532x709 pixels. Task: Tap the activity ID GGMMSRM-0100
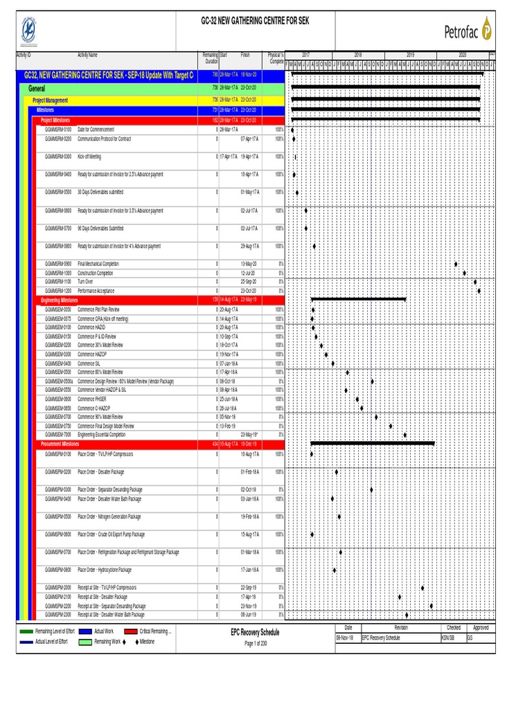click(x=57, y=129)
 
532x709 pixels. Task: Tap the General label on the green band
click(x=37, y=89)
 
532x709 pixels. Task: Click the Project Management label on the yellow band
click(x=51, y=100)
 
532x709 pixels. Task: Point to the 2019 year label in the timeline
click(x=410, y=54)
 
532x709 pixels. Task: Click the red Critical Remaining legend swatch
click(x=132, y=631)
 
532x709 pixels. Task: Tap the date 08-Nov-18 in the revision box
click(x=345, y=638)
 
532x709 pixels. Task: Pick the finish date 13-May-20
click(x=249, y=264)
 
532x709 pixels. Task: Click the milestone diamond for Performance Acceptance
click(x=479, y=291)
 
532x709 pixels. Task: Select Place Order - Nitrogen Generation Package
click(x=109, y=517)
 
